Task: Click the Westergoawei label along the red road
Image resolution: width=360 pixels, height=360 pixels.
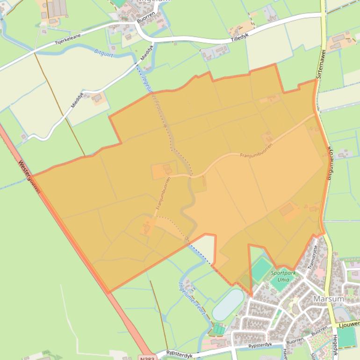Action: click(x=29, y=177)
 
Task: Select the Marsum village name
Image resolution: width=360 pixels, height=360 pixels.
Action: click(x=329, y=298)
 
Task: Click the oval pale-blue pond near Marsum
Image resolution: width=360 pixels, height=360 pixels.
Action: click(x=228, y=305)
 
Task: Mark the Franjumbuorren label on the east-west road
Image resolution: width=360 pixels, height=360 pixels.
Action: click(x=256, y=151)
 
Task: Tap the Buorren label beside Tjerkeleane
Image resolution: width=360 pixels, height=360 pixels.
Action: click(x=145, y=22)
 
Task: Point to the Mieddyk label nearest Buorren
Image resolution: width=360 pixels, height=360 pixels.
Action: click(x=147, y=53)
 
